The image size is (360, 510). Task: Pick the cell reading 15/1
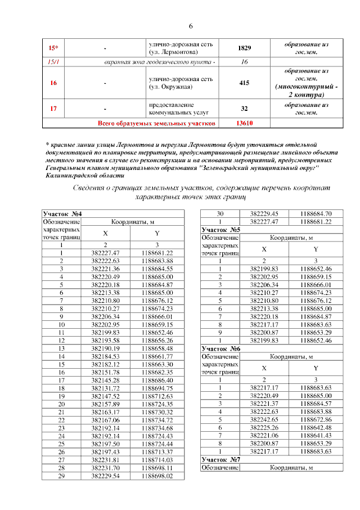pyautogui.click(x=53, y=61)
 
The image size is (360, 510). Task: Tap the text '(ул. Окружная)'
pyautogui.click(x=170, y=87)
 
